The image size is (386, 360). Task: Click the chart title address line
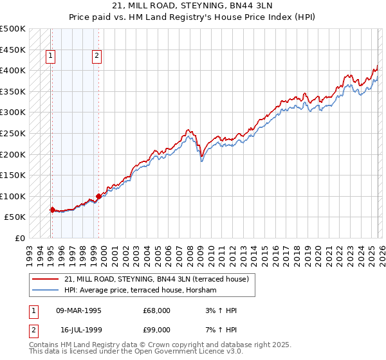(193, 6)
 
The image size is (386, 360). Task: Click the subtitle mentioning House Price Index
(193, 17)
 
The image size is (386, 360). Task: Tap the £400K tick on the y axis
(13, 71)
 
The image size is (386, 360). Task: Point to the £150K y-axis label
(13, 175)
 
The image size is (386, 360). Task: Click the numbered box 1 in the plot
(51, 57)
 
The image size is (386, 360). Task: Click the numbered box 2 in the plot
(96, 57)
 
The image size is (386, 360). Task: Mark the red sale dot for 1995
(52, 209)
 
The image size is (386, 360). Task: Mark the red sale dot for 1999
(98, 196)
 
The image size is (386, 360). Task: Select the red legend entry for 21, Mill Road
(160, 279)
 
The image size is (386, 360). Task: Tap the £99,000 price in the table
(157, 329)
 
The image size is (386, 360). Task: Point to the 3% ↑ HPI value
(223, 310)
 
